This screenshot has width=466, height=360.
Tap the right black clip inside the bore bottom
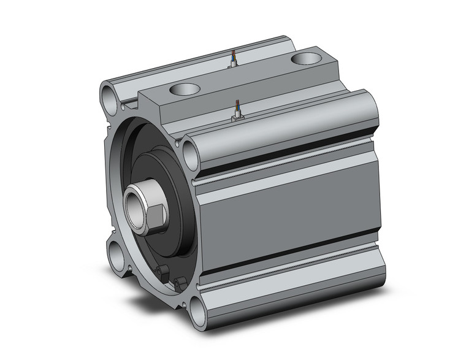pyautogui.click(x=178, y=283)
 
